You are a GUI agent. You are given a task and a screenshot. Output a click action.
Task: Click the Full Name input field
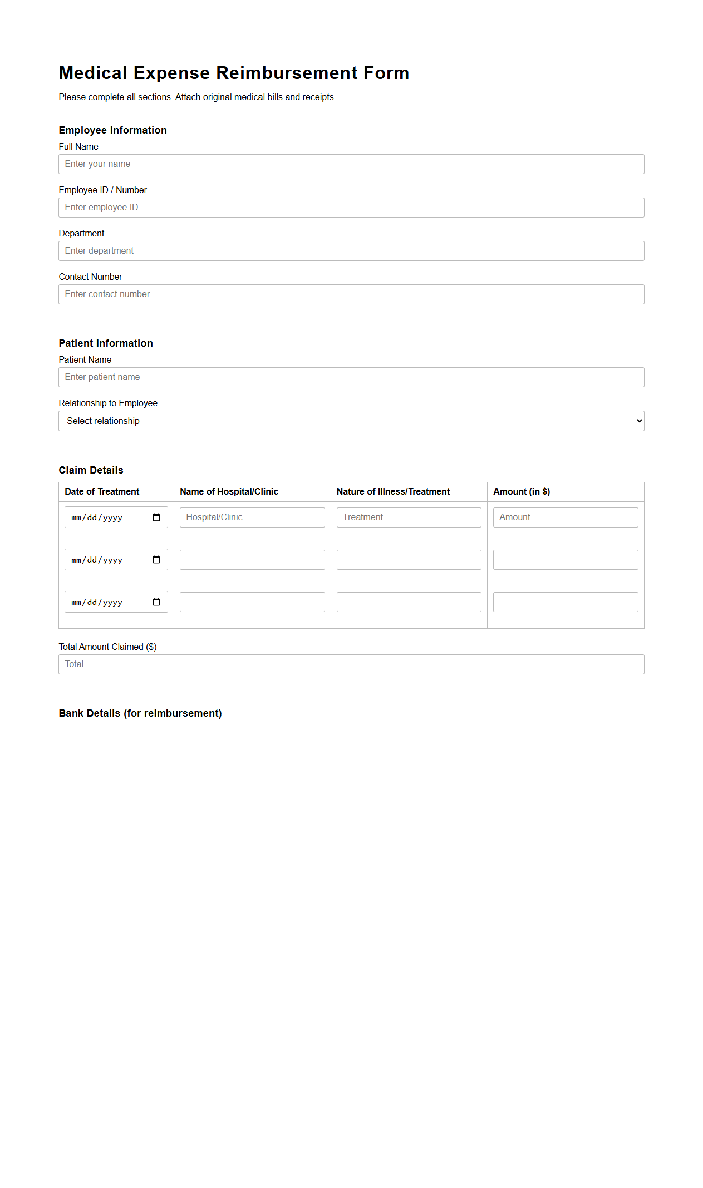(x=351, y=164)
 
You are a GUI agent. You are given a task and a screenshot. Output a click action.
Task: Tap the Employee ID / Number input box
(x=351, y=208)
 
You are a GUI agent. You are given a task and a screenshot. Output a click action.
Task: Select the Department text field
(x=351, y=251)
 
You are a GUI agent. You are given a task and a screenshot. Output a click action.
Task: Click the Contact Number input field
(x=351, y=294)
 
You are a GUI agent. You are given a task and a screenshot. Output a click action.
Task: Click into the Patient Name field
(x=351, y=377)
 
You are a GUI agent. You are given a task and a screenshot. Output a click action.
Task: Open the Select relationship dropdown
(x=351, y=421)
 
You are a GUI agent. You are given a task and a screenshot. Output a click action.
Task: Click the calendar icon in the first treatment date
(x=156, y=517)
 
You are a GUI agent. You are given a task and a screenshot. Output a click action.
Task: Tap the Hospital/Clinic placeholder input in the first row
(x=252, y=517)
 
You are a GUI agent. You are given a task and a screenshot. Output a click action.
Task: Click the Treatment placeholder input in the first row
(x=409, y=517)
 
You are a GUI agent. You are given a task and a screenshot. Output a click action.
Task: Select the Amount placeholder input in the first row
(x=565, y=517)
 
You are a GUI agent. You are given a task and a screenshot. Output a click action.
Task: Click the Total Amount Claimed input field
(x=351, y=664)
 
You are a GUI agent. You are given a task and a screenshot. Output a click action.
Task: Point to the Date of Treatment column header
(x=102, y=492)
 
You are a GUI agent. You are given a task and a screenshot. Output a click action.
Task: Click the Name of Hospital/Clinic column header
(x=229, y=492)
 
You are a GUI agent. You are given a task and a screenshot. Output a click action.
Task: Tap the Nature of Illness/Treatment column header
(x=393, y=492)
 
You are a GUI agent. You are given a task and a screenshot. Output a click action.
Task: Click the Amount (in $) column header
(x=522, y=492)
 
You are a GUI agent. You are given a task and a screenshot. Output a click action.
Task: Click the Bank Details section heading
(x=140, y=713)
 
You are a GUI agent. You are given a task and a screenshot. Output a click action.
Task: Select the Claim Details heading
(x=91, y=470)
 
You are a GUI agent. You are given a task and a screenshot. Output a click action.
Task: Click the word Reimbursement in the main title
(x=287, y=73)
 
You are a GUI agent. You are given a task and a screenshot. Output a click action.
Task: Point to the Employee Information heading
(x=112, y=130)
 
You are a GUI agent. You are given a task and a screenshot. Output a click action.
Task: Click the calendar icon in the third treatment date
(x=156, y=602)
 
